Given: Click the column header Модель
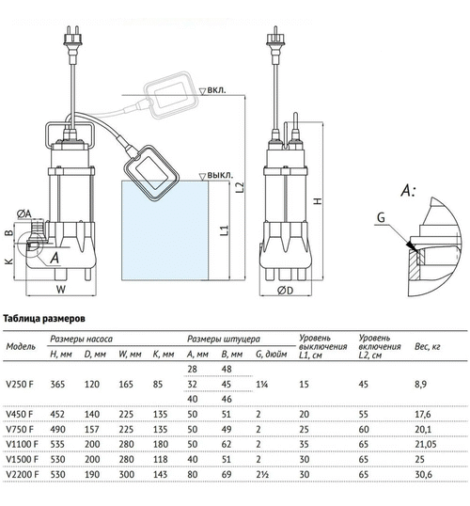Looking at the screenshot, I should [x=21, y=345].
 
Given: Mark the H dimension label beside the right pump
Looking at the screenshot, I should [x=318, y=200].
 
